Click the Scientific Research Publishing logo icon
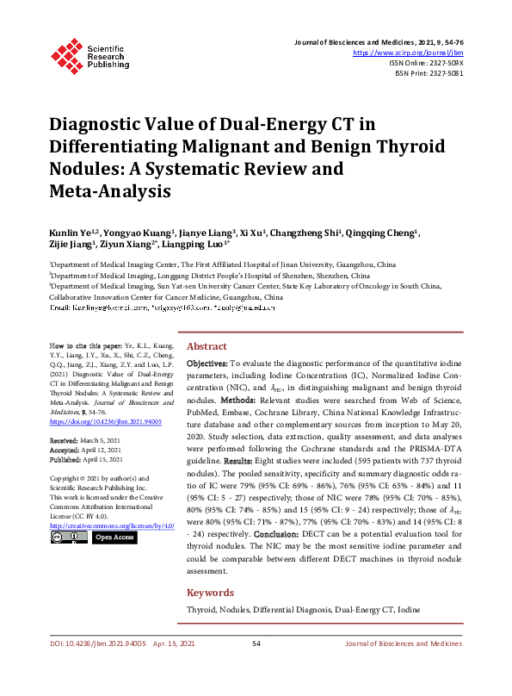pyautogui.click(x=65, y=53)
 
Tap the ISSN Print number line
pyautogui.click(x=429, y=74)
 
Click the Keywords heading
pyautogui.click(x=210, y=593)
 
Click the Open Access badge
pyautogui.click(x=114, y=537)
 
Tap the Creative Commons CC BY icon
pyautogui.click(x=68, y=537)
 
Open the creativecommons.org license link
pyautogui.click(x=112, y=525)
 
